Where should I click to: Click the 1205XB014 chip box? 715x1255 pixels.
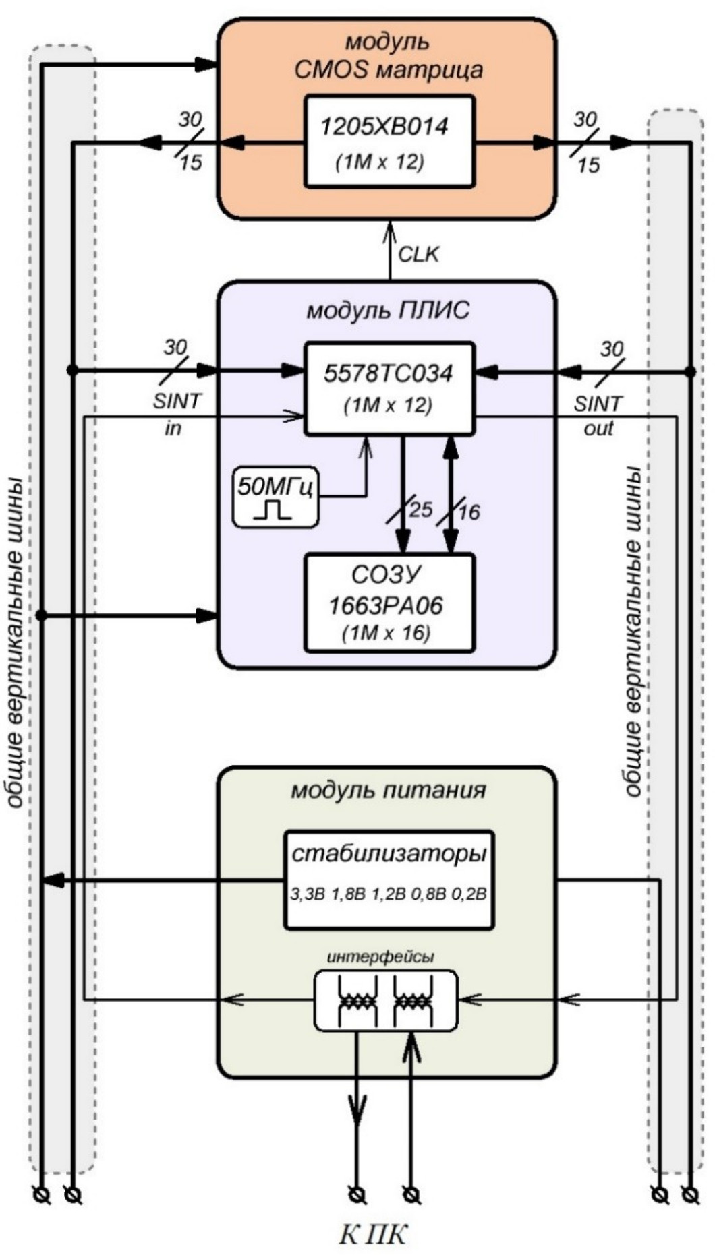[x=389, y=141]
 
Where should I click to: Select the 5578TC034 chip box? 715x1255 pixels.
[x=389, y=388]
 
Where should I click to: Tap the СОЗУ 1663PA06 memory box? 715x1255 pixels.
[x=389, y=603]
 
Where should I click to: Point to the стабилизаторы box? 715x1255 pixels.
[x=389, y=880]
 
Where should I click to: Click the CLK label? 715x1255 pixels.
[x=418, y=254]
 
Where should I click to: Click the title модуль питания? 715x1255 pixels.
[x=388, y=789]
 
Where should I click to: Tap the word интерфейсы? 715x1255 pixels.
[x=381, y=957]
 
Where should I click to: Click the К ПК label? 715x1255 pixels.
[x=372, y=1235]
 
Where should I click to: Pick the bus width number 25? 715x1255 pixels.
[x=420, y=509]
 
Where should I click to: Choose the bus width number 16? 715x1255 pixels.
[x=468, y=512]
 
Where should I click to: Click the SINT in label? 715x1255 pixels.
[x=175, y=414]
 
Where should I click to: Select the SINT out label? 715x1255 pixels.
[x=598, y=415]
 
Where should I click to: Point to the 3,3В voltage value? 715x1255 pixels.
[x=308, y=894]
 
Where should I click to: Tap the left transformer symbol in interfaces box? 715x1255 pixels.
[x=357, y=1001]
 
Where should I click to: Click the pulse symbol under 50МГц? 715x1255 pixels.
[x=273, y=510]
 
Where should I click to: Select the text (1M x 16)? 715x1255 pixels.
[x=387, y=634]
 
